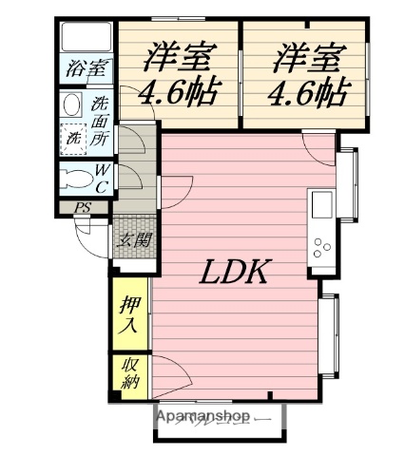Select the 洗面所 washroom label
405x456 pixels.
tap(101, 122)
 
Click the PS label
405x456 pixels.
tap(84, 208)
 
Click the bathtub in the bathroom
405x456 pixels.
tap(87, 36)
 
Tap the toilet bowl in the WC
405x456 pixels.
tap(73, 177)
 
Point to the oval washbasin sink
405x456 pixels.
tap(72, 105)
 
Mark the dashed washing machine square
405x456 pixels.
tap(73, 138)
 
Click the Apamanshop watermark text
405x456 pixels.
tap(202, 417)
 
